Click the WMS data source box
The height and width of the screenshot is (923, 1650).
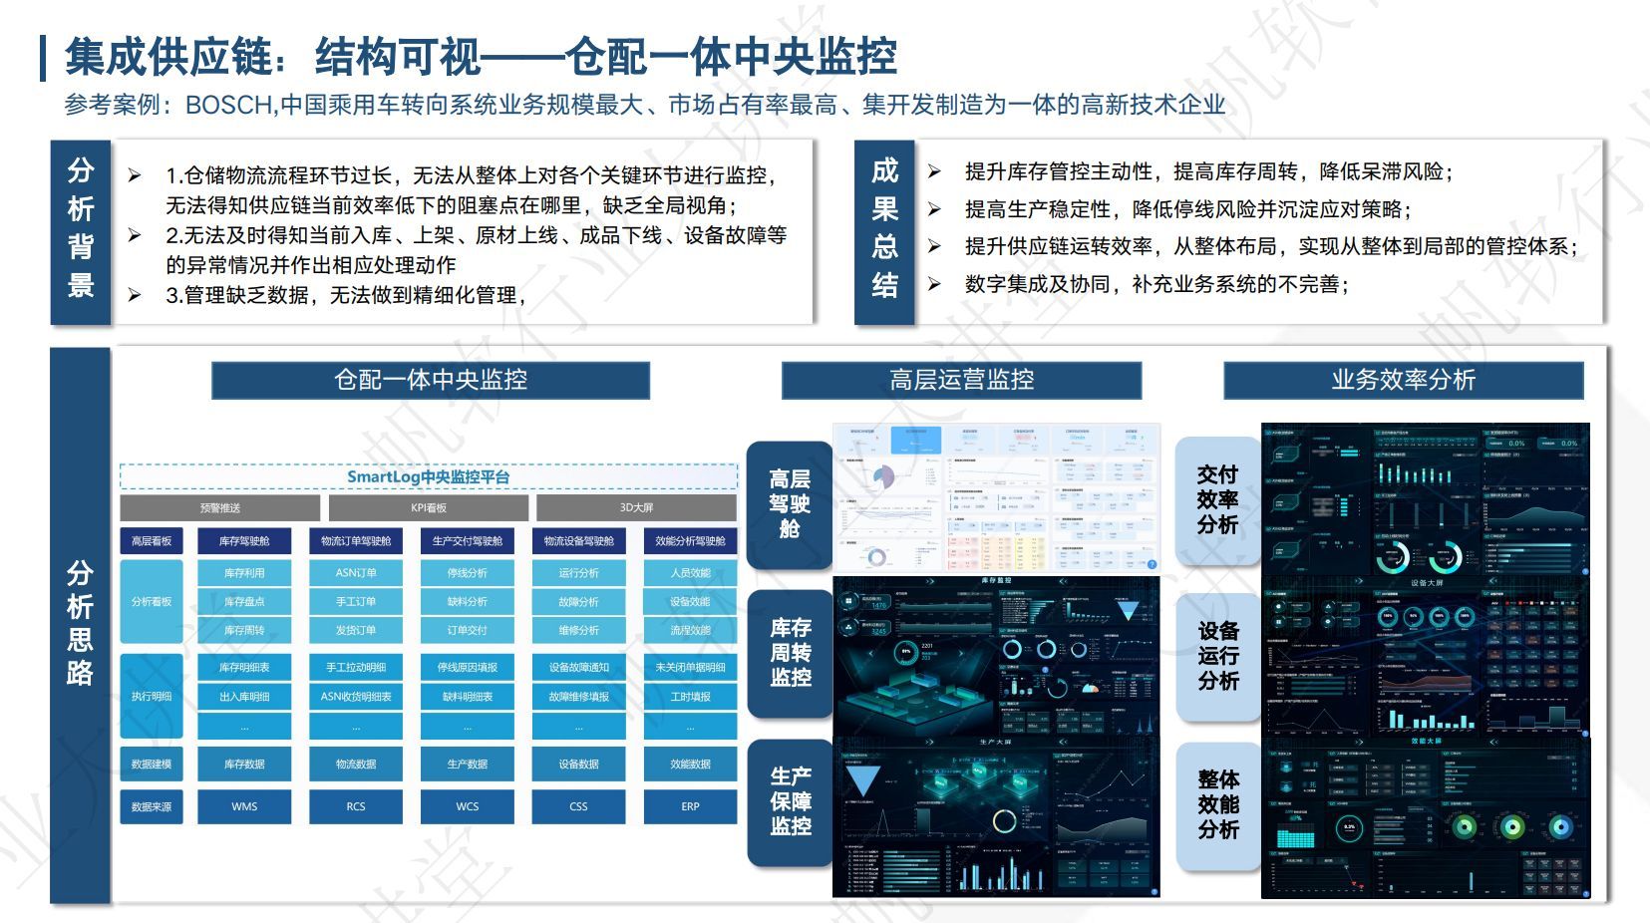click(x=244, y=806)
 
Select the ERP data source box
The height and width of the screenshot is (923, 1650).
click(x=690, y=806)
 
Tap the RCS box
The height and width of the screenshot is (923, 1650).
click(x=356, y=806)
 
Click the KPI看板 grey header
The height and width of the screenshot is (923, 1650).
click(x=429, y=508)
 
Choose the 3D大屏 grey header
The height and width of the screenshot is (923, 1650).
click(x=636, y=508)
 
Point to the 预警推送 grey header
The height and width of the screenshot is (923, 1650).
click(x=220, y=508)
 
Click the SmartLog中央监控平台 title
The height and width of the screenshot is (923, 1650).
click(x=428, y=476)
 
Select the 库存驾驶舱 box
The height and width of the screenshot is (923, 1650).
click(x=244, y=541)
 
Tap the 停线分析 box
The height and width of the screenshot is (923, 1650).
click(x=468, y=573)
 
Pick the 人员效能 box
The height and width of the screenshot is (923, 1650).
click(x=690, y=573)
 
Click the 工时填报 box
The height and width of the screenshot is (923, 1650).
click(x=690, y=697)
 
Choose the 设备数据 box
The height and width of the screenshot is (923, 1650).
click(x=579, y=765)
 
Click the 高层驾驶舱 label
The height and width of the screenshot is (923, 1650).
click(x=790, y=504)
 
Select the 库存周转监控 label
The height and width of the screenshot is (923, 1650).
click(x=790, y=653)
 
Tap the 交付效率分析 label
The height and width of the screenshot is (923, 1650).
click(x=1217, y=499)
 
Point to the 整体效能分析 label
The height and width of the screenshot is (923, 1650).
click(x=1217, y=804)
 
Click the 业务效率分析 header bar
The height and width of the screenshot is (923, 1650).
click(x=1403, y=380)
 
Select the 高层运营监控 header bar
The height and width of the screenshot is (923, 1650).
click(x=961, y=380)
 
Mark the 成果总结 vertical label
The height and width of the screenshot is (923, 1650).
click(x=884, y=228)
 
